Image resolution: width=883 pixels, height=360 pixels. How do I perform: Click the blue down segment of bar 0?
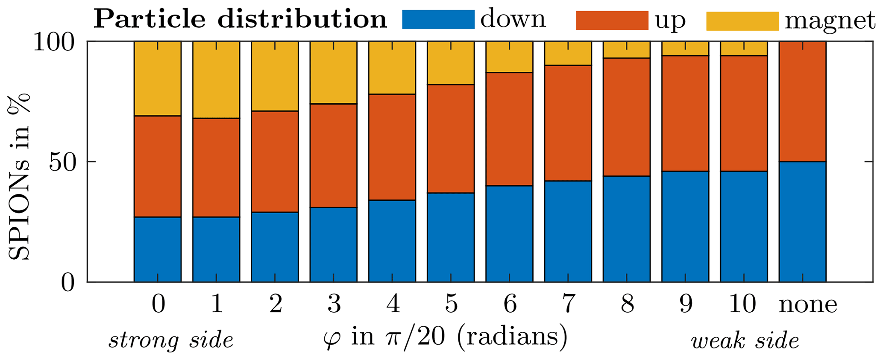pyautogui.click(x=157, y=249)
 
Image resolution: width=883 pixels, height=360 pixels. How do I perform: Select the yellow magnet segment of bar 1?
pyautogui.click(x=216, y=79)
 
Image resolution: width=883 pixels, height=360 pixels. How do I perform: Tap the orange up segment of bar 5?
pyautogui.click(x=451, y=138)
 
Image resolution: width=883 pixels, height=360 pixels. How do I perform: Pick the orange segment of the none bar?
pyautogui.click(x=802, y=101)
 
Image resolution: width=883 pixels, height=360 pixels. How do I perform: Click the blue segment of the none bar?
pyautogui.click(x=802, y=222)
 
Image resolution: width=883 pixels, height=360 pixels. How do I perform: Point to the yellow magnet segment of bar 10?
pyautogui.click(x=744, y=48)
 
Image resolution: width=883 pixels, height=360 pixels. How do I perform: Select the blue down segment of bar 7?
pyautogui.click(x=568, y=231)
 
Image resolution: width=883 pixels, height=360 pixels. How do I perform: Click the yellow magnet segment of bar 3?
pyautogui.click(x=333, y=72)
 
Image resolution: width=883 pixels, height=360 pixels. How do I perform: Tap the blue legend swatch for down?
pyautogui.click(x=438, y=20)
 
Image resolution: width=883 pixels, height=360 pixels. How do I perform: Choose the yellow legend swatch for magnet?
pyautogui.click(x=742, y=21)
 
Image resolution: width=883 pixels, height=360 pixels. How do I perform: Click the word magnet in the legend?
pyautogui.click(x=830, y=21)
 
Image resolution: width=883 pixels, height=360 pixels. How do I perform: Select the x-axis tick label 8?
pyautogui.click(x=627, y=304)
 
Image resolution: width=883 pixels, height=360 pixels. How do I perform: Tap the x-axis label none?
pyautogui.click(x=807, y=304)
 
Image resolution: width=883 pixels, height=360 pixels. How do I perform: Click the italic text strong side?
pyautogui.click(x=170, y=340)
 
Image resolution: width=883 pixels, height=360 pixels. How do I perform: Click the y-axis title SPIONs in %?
pyautogui.click(x=19, y=176)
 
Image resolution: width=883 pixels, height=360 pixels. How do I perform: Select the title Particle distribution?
pyautogui.click(x=240, y=19)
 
